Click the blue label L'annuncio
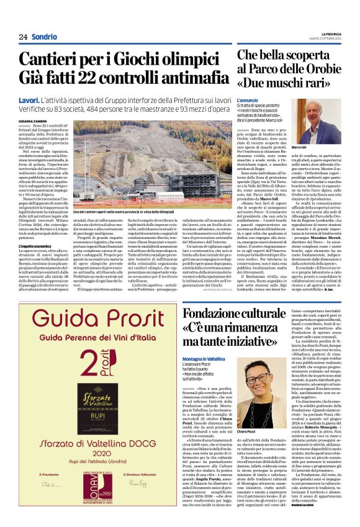(246, 99)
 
